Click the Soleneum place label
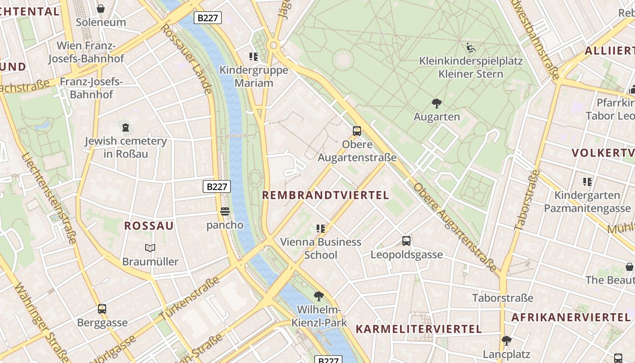tap(101, 22)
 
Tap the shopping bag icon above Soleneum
tap(101, 9)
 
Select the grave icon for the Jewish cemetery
tap(126, 128)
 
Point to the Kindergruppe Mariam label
tap(254, 76)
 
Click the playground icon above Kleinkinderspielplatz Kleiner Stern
tap(471, 47)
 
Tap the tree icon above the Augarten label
tap(436, 103)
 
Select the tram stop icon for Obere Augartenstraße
tap(357, 131)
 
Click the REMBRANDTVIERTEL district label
tap(326, 196)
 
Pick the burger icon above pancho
tap(225, 211)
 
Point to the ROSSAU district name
tap(149, 226)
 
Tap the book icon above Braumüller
tap(150, 248)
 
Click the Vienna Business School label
tap(321, 248)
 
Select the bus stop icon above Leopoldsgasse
tap(406, 241)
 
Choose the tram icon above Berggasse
tap(102, 309)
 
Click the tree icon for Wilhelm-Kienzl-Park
tap(319, 296)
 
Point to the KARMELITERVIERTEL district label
tap(418, 329)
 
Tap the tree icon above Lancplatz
tap(507, 340)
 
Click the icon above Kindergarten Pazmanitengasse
tap(587, 182)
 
